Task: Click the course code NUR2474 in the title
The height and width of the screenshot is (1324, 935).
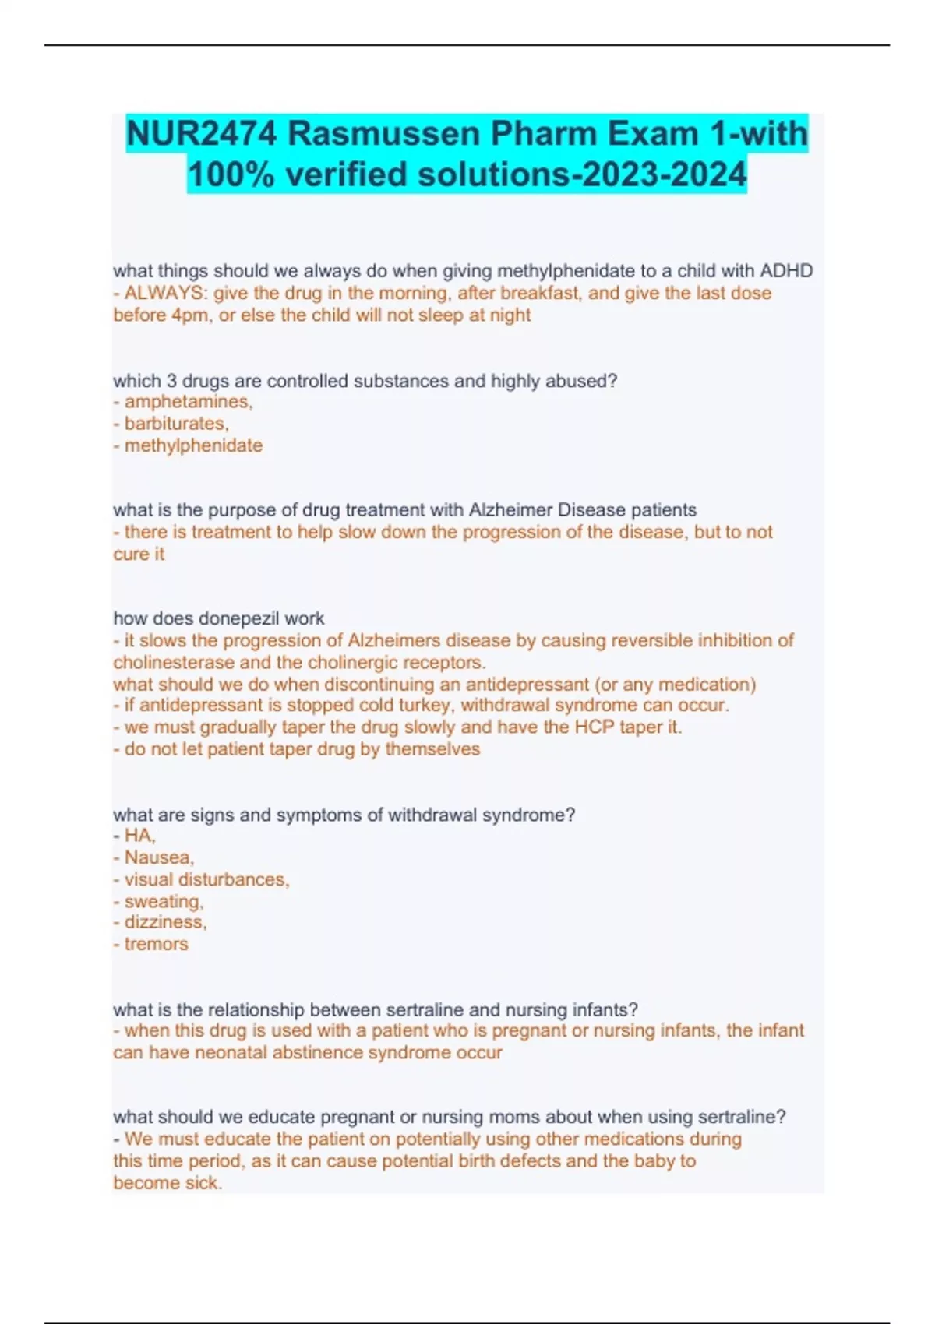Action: (x=201, y=134)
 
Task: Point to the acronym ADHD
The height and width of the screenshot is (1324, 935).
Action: (x=786, y=271)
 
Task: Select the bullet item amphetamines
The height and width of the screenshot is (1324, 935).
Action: (x=188, y=402)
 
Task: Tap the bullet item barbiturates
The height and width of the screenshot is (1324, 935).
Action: (x=176, y=424)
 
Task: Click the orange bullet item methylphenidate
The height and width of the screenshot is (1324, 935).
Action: (x=193, y=445)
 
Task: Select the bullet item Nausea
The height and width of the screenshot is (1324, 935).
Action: (x=158, y=857)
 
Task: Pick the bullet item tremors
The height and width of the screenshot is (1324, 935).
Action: (x=156, y=944)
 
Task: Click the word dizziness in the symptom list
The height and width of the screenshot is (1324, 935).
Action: (x=164, y=922)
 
